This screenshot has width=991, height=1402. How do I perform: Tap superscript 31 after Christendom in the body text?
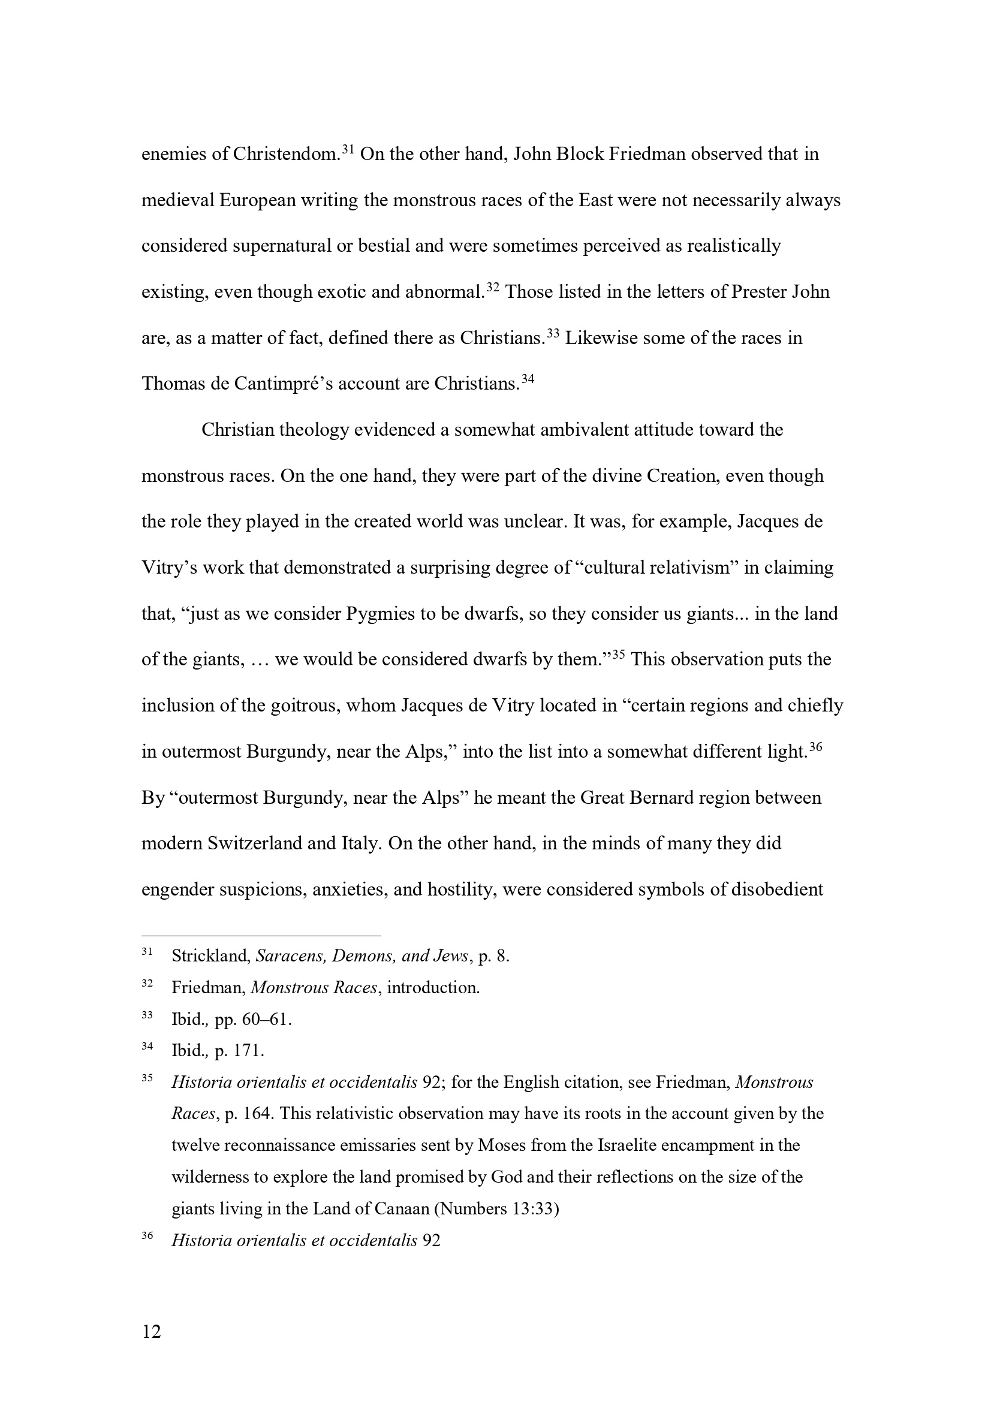click(348, 149)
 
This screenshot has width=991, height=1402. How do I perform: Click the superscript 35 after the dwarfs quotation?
click(618, 655)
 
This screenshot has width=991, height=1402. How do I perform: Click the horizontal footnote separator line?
click(261, 935)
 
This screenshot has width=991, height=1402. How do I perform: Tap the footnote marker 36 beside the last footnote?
click(147, 1235)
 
